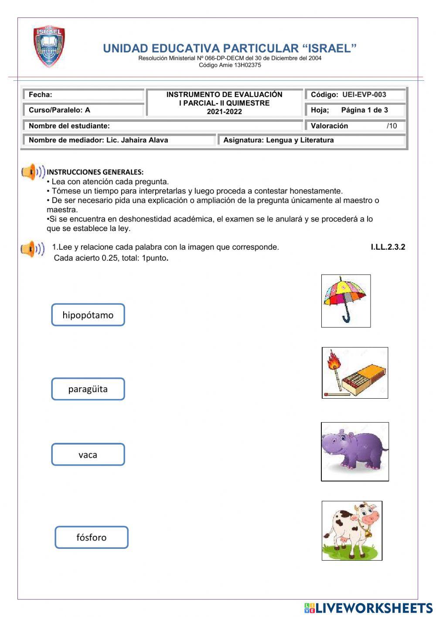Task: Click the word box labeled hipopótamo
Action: [x=88, y=315]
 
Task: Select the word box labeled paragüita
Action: [x=88, y=389]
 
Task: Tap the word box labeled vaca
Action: [x=88, y=455]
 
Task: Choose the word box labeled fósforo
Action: [x=92, y=538]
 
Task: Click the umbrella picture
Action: [x=346, y=300]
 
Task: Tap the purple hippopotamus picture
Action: [x=354, y=451]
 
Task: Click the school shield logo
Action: [x=49, y=46]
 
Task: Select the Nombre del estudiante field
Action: [x=162, y=126]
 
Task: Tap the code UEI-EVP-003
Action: [x=364, y=95]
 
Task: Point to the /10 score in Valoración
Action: [x=392, y=126]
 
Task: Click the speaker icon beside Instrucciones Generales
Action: [x=33, y=172]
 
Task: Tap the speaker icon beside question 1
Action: [x=33, y=249]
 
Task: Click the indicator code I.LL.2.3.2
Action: [x=388, y=247]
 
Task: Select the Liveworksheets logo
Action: [x=368, y=608]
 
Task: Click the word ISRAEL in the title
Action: [x=329, y=48]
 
